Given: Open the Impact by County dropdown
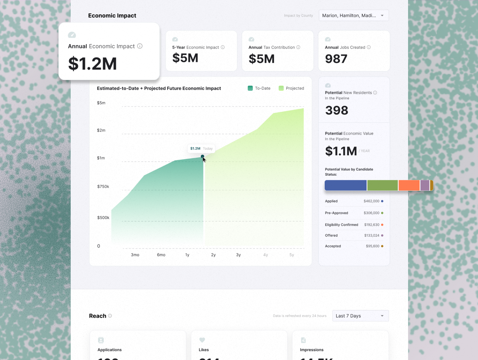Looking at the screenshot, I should [354, 15].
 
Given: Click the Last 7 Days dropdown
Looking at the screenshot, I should [360, 316].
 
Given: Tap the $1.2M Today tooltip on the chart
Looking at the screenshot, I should [201, 148].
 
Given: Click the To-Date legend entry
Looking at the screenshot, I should [259, 88].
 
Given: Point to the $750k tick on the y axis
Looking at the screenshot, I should [103, 187].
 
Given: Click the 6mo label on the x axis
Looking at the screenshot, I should [161, 255].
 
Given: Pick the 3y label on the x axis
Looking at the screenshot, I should [238, 255].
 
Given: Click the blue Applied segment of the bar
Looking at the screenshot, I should [345, 185].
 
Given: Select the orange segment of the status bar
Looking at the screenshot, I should [409, 185].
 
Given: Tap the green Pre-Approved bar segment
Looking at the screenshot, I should [382, 185].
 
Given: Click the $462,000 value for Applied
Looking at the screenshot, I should [371, 201].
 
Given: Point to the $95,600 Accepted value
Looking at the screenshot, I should [372, 246].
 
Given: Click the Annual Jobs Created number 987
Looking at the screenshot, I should [336, 59].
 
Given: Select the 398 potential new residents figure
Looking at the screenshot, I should [337, 110].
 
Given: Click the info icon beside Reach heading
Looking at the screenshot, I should [110, 316].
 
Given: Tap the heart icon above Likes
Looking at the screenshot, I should [202, 340].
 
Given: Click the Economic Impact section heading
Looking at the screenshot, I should [112, 16].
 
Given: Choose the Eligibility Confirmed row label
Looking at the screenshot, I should [341, 225].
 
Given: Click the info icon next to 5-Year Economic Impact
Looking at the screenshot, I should [223, 47].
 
